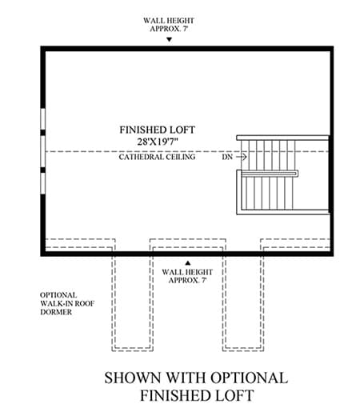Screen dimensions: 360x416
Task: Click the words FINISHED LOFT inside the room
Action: click(x=157, y=130)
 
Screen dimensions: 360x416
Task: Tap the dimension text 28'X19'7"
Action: click(x=158, y=142)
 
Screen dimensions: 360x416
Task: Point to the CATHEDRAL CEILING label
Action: click(x=157, y=157)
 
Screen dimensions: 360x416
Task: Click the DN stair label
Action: click(x=227, y=157)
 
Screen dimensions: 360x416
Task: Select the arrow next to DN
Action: click(x=242, y=157)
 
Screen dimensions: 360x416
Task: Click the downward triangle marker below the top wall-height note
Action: click(x=169, y=39)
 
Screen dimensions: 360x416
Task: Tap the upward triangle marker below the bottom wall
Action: click(x=188, y=263)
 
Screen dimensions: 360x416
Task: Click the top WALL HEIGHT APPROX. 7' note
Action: click(x=169, y=25)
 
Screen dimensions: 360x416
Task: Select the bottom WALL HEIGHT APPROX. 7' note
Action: click(x=187, y=276)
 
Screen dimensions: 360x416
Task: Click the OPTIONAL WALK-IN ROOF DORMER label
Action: click(x=67, y=303)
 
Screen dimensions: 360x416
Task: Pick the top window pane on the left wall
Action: click(x=42, y=119)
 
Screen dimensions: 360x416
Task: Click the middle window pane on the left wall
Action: click(x=42, y=151)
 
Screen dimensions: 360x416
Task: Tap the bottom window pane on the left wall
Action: click(x=42, y=183)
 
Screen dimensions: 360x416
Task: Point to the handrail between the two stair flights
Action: click(x=270, y=174)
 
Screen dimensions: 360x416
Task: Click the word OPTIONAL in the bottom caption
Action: click(x=249, y=378)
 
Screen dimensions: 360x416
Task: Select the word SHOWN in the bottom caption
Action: click(x=133, y=378)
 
